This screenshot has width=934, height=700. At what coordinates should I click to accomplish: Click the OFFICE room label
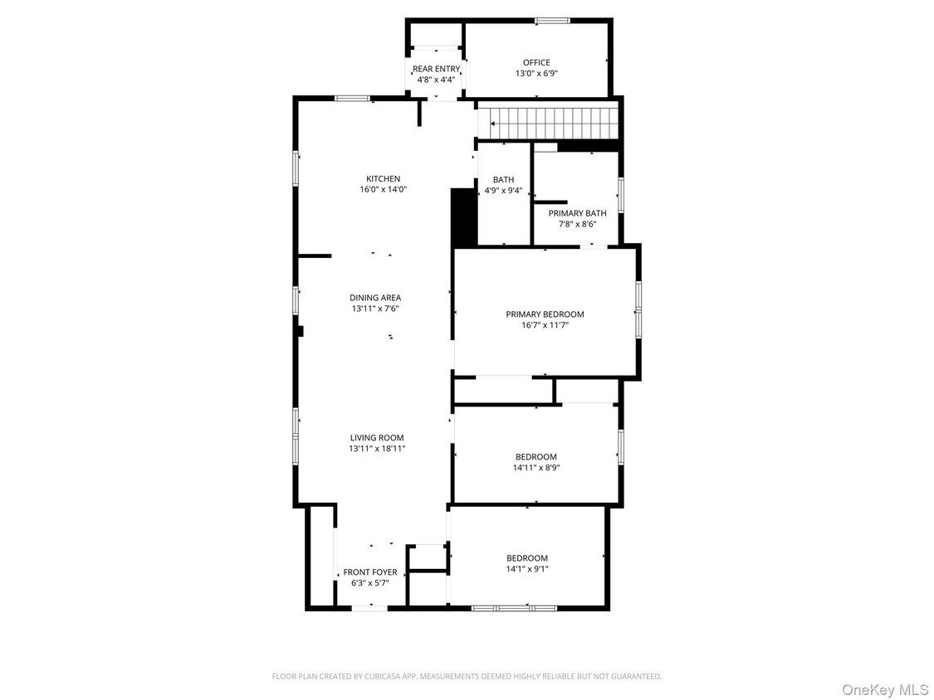click(536, 62)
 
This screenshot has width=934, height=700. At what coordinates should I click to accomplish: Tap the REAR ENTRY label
click(436, 69)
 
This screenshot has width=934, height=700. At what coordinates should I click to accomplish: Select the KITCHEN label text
click(384, 178)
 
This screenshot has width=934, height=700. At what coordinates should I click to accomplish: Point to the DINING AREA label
click(375, 298)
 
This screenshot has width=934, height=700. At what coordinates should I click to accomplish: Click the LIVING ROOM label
click(377, 437)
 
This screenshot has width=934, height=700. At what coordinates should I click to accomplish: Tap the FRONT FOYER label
click(370, 572)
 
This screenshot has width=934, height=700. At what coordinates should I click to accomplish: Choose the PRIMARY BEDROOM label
click(545, 314)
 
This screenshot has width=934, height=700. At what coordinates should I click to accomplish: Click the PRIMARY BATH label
click(577, 213)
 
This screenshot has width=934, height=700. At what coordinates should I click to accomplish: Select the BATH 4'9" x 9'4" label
click(503, 185)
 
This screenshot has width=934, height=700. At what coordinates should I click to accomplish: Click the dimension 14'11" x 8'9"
click(535, 467)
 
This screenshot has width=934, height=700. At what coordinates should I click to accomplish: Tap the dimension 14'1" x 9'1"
click(527, 569)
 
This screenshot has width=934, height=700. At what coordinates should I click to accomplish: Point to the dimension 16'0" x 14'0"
click(384, 189)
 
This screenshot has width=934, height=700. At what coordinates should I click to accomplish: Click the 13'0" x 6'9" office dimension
click(536, 73)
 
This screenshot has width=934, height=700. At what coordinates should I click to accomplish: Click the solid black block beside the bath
click(463, 217)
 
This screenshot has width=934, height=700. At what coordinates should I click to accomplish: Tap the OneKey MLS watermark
click(885, 690)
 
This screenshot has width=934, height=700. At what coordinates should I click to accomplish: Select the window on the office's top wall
click(552, 21)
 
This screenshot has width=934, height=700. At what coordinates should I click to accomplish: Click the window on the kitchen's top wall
click(352, 98)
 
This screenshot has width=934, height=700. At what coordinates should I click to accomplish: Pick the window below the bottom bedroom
click(514, 608)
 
